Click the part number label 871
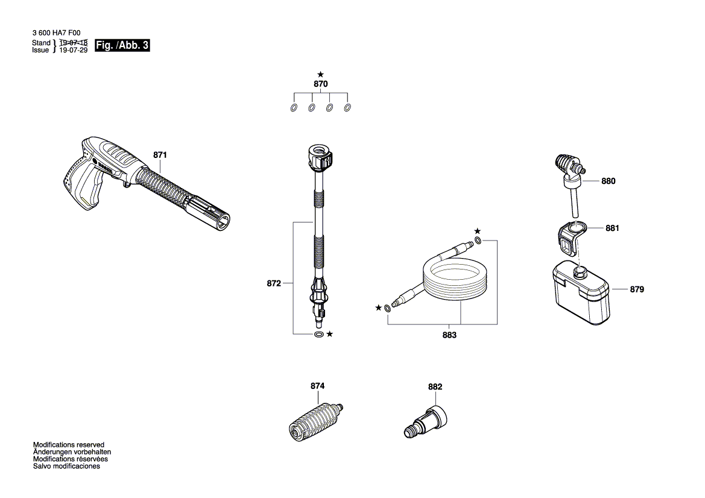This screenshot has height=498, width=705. click(x=160, y=155)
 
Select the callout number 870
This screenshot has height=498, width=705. click(x=320, y=84)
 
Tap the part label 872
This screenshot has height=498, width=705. click(x=274, y=282)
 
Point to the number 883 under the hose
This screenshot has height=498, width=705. click(x=449, y=335)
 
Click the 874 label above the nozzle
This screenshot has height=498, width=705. click(x=317, y=386)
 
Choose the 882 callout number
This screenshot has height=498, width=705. click(x=435, y=387)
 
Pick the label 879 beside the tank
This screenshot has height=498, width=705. click(x=637, y=289)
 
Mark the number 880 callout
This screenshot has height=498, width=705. click(x=609, y=181)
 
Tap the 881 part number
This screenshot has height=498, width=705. click(x=613, y=229)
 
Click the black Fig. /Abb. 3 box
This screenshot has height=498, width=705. click(x=122, y=46)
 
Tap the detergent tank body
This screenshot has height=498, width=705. click(x=580, y=293)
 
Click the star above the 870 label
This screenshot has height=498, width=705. click(x=320, y=74)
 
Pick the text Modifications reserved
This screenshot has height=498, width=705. click(x=69, y=444)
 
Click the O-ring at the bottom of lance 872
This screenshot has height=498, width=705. click(x=318, y=334)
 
